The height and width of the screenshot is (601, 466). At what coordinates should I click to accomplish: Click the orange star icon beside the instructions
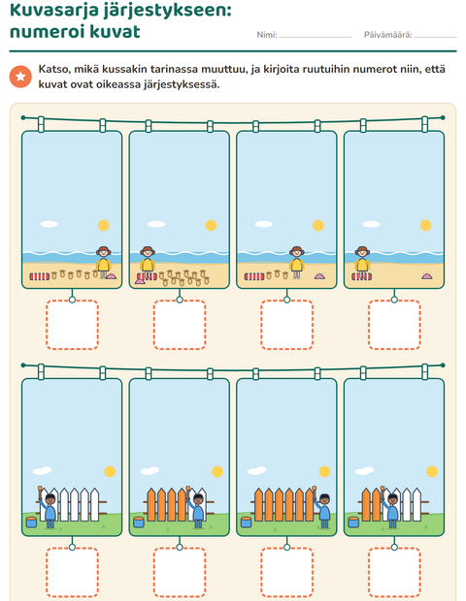(x=20, y=77)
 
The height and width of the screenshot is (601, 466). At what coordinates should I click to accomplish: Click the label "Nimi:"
(x=267, y=35)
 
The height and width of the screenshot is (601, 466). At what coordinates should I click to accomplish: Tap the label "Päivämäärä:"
(x=387, y=35)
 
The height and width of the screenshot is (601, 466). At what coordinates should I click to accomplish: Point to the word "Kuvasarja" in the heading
(x=51, y=11)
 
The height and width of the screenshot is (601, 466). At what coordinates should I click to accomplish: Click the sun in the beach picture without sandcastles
(x=425, y=225)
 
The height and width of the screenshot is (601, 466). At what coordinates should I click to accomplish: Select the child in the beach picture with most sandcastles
(x=148, y=262)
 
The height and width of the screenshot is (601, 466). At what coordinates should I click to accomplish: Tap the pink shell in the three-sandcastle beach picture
(x=319, y=275)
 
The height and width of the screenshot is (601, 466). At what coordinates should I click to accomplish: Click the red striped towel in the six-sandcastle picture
(x=40, y=276)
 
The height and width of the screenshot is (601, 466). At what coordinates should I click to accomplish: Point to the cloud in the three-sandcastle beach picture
(x=264, y=224)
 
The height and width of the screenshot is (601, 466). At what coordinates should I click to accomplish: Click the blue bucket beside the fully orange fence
(x=246, y=522)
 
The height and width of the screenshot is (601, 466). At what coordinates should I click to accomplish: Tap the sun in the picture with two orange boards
(x=432, y=471)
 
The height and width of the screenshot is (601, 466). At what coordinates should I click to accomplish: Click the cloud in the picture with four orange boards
(x=150, y=470)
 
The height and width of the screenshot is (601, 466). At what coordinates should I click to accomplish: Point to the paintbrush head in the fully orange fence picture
(x=315, y=490)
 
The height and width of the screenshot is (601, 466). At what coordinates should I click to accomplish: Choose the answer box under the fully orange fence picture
(x=286, y=572)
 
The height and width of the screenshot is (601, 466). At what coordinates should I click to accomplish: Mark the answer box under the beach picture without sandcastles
(x=394, y=325)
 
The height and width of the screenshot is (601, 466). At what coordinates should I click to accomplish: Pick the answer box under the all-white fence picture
(x=72, y=572)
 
